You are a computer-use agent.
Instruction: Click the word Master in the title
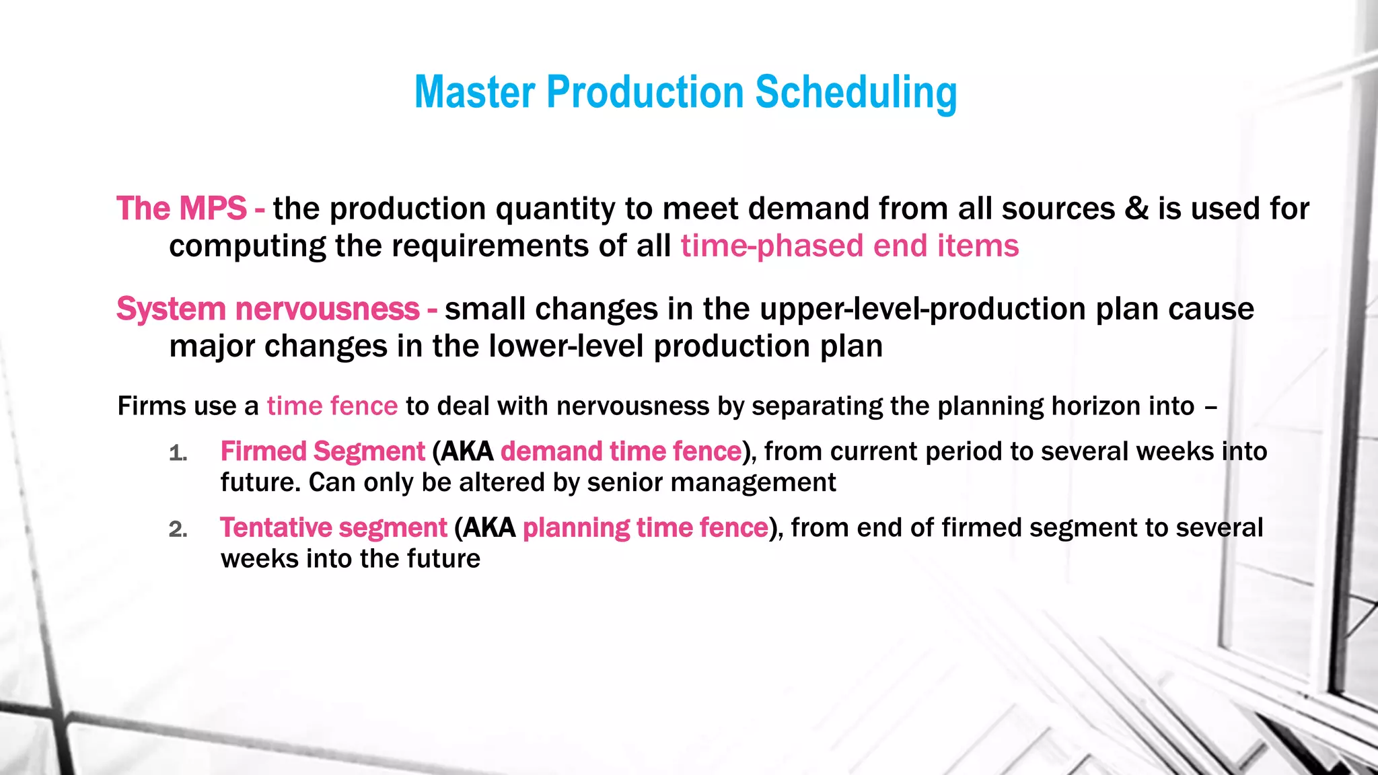coord(474,92)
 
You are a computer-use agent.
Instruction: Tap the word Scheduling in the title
coord(856,92)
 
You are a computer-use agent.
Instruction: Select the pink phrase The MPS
coord(182,209)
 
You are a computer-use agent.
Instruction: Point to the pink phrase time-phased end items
coord(849,246)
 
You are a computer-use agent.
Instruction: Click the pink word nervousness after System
coord(327,309)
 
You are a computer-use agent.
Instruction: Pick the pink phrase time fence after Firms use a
coord(332,406)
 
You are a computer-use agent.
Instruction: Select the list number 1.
coord(178,453)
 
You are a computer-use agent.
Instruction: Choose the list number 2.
coord(178,530)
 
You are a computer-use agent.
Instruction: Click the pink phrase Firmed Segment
coord(322,451)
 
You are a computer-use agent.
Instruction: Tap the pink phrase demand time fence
coord(620,451)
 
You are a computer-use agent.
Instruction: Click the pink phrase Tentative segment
coord(333,528)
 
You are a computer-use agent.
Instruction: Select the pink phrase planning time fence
coord(645,528)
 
